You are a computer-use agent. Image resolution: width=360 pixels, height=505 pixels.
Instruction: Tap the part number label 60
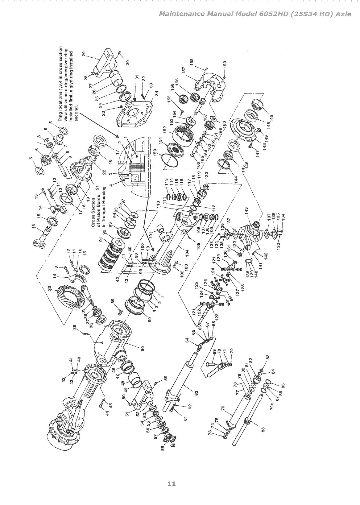tap(142, 348)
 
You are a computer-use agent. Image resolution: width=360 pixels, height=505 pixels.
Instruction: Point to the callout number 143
tap(246, 210)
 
